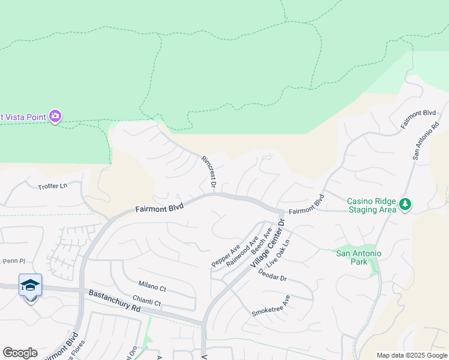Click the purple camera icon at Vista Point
55,116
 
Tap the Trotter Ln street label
53,187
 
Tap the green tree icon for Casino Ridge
406,205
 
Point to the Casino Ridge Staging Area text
372,205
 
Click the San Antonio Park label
358,257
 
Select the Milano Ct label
152,289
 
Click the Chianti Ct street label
149,303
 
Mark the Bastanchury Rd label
114,300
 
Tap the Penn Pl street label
13,261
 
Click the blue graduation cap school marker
30,286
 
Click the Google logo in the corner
20,353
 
